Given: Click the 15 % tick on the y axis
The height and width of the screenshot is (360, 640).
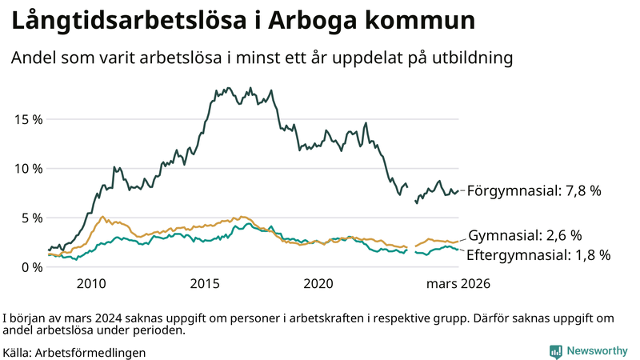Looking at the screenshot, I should click(28, 119).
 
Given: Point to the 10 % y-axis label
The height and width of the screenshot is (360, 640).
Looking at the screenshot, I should click(28, 169).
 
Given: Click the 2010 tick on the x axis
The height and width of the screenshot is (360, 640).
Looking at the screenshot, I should click(91, 283).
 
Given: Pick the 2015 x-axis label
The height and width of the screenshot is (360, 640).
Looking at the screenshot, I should click(205, 283).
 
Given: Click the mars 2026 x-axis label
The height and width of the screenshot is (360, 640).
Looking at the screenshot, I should click(458, 283).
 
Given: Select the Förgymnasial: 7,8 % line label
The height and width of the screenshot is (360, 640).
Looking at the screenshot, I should click(534, 191).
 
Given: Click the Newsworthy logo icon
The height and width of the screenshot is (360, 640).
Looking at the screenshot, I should click(555, 351).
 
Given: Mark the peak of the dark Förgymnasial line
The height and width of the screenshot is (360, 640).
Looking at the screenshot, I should click(230, 88).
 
